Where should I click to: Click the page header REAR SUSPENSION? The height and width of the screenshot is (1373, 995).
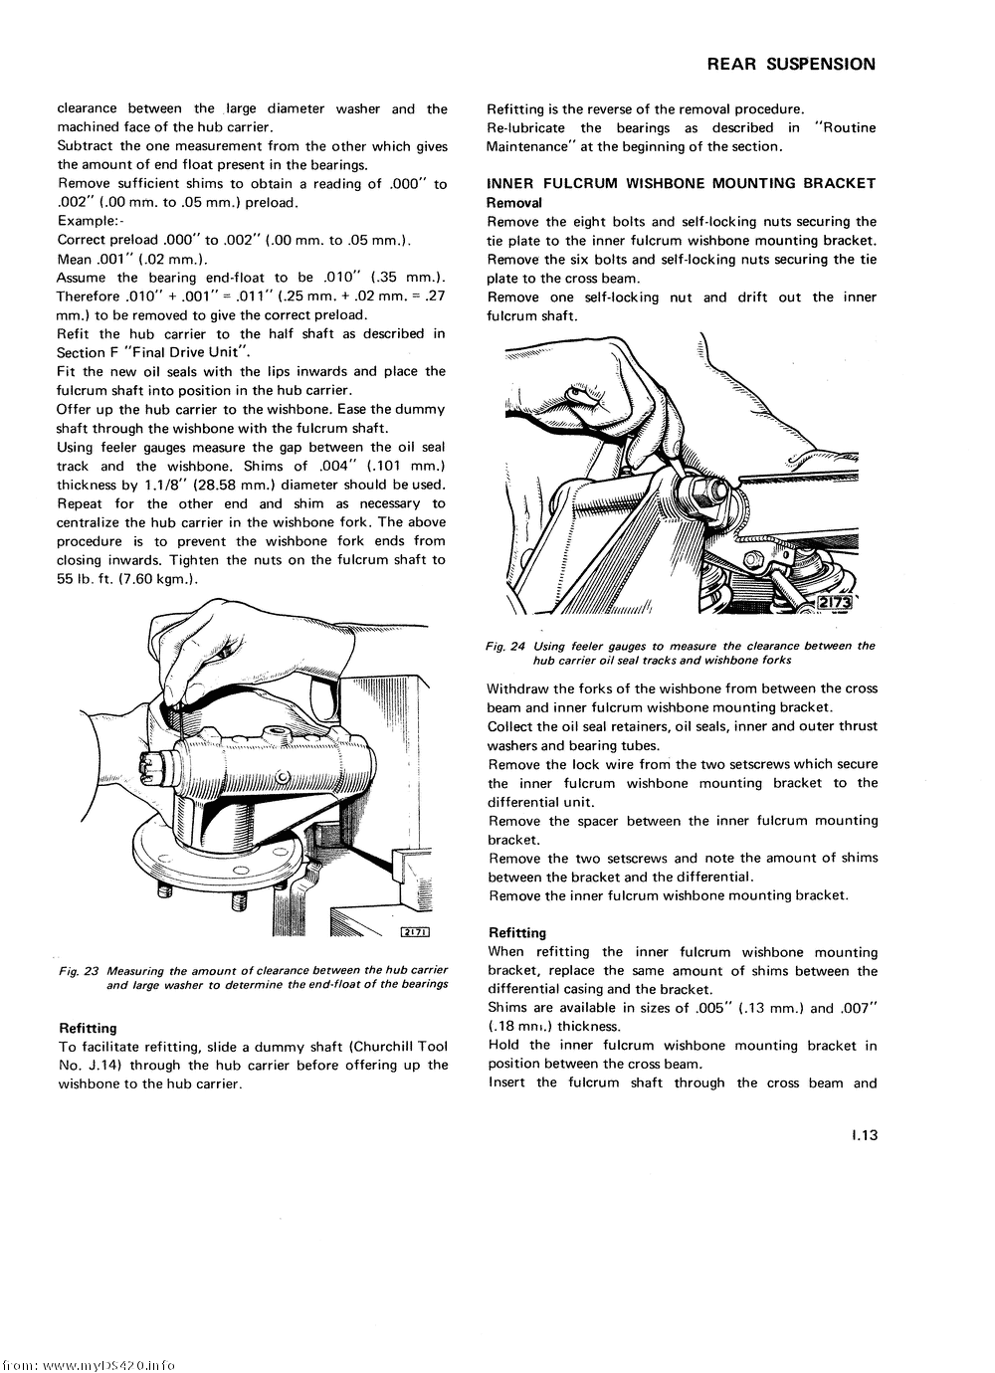791,65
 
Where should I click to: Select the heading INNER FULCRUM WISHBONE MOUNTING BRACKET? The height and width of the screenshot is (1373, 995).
681,183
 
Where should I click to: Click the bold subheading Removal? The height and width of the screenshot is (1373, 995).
514,202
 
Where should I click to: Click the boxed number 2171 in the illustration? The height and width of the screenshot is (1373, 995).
414,931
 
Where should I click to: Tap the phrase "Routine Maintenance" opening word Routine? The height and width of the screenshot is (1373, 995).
844,127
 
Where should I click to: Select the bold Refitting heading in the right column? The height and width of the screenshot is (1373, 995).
517,933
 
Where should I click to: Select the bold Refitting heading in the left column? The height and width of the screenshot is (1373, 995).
88,1028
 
